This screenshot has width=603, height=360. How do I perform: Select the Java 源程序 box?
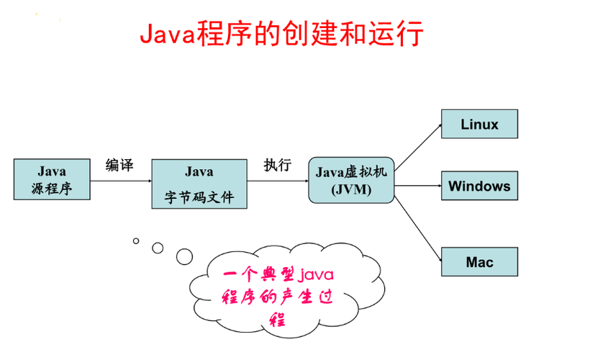click(x=52, y=179)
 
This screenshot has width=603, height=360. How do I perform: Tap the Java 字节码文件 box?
click(x=199, y=184)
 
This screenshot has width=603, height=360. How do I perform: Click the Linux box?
click(x=479, y=124)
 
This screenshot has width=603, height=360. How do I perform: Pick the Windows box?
click(x=479, y=186)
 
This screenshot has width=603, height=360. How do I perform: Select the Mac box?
click(x=479, y=262)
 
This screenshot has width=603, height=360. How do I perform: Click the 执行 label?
click(x=277, y=165)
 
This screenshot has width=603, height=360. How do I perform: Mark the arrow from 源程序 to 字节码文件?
click(x=121, y=180)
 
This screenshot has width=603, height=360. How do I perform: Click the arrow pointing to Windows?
click(x=417, y=186)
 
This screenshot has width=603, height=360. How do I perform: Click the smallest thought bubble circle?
click(x=134, y=240)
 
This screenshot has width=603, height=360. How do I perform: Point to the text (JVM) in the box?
click(x=350, y=189)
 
